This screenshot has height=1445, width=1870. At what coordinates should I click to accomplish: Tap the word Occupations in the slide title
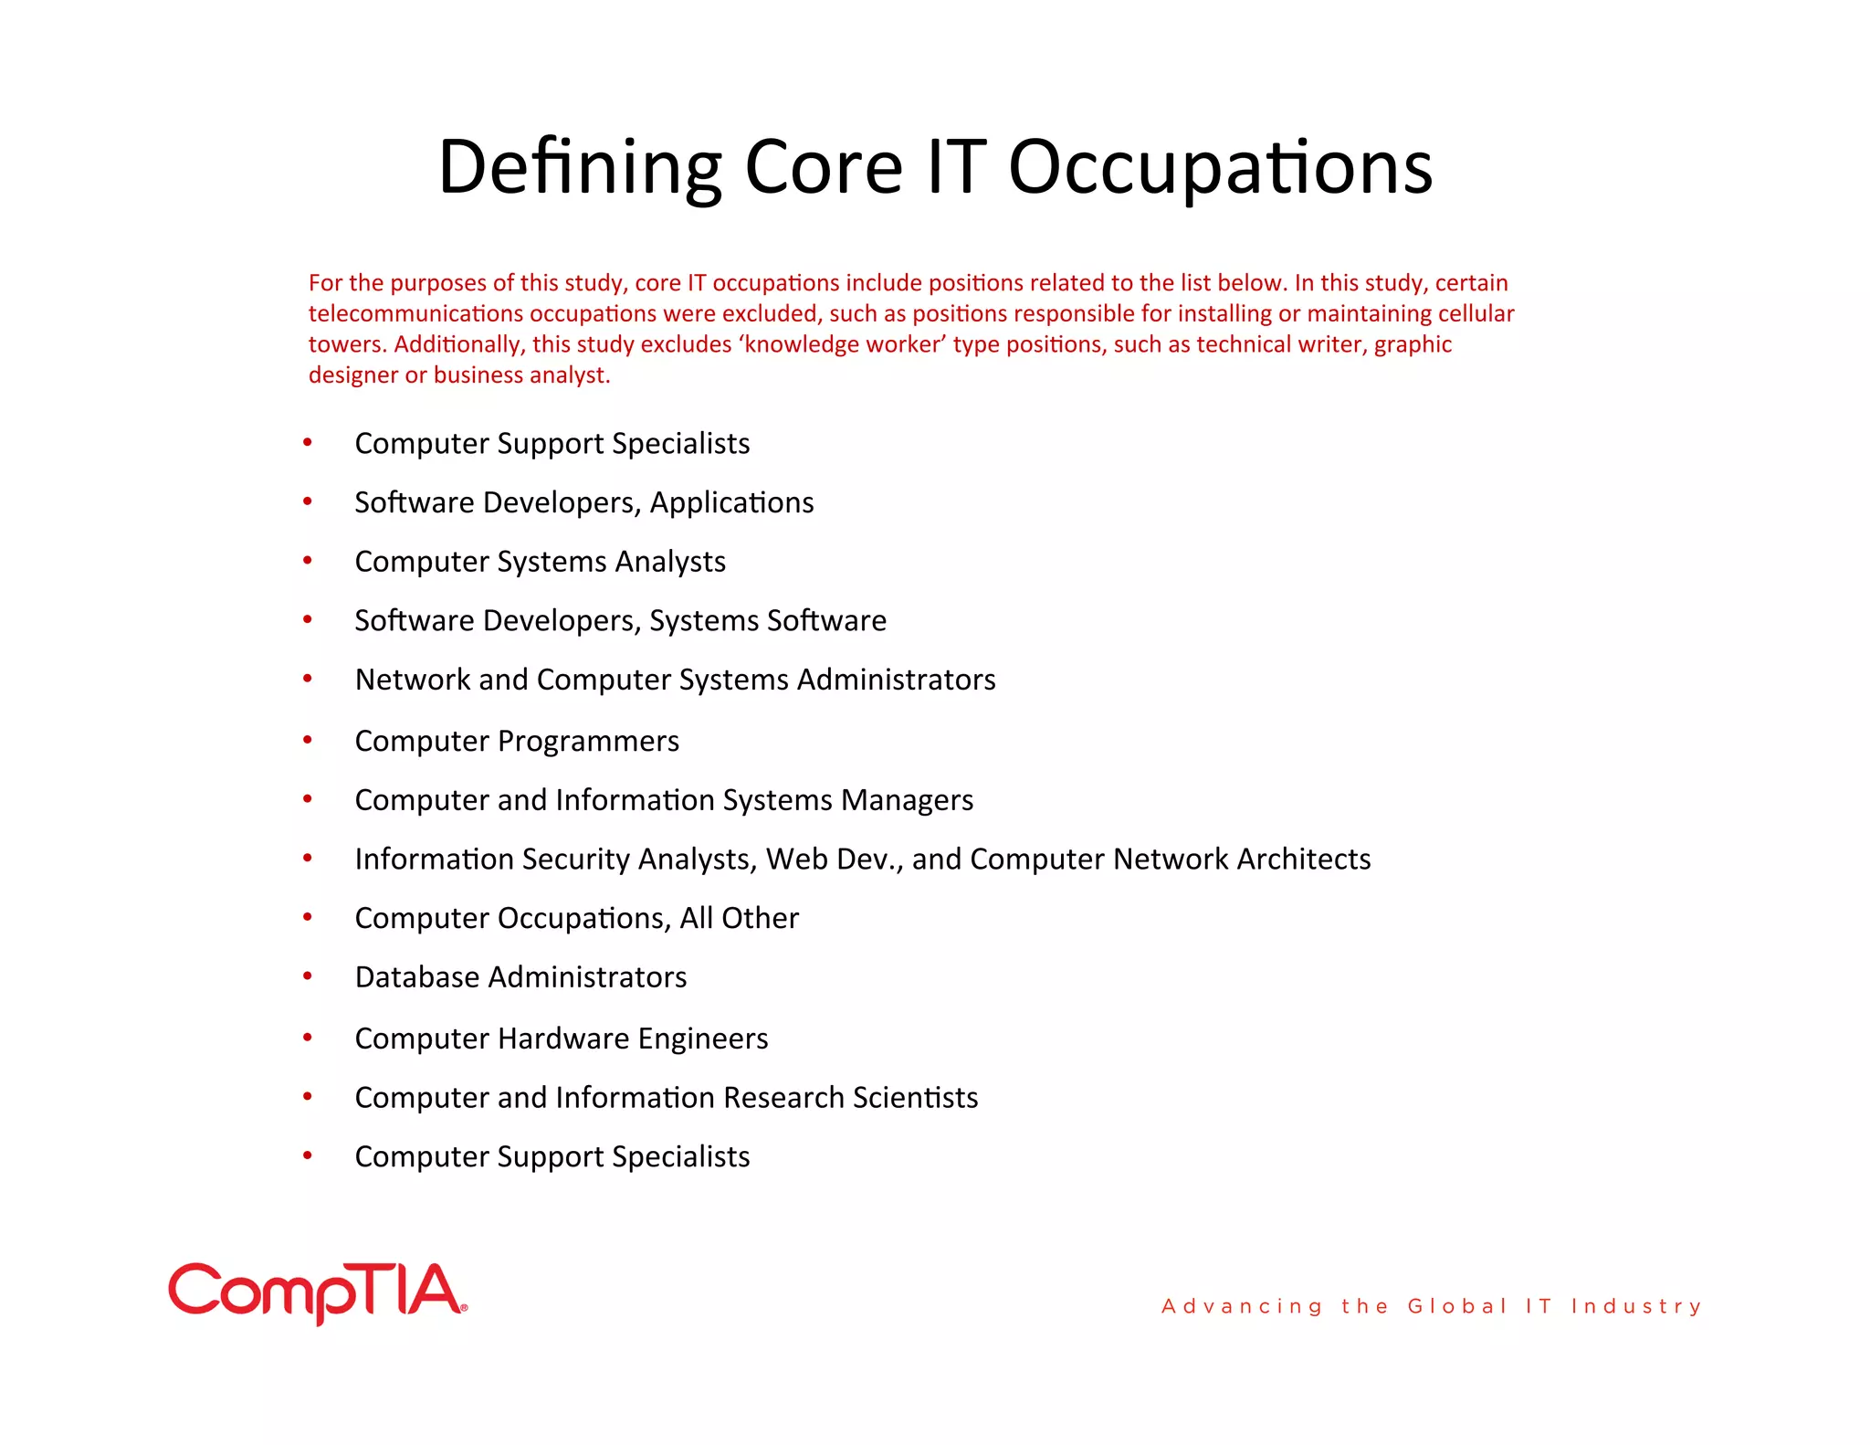click(1220, 167)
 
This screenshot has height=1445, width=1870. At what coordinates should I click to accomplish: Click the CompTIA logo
click(317, 1292)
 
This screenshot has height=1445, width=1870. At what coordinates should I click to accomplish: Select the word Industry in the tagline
click(1636, 1306)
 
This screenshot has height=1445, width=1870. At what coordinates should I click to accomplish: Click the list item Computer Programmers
click(517, 741)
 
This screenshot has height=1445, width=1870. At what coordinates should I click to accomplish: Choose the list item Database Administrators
click(520, 977)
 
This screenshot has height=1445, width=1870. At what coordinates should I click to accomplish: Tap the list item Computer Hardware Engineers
click(561, 1039)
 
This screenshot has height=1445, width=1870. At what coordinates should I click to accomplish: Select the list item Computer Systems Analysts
click(540, 562)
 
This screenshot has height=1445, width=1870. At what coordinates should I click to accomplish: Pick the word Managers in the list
click(907, 800)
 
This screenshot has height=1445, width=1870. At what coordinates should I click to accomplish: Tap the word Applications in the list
click(731, 502)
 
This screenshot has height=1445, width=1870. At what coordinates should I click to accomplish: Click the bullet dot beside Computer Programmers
click(308, 739)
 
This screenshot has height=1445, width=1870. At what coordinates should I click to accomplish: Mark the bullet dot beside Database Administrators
click(308, 976)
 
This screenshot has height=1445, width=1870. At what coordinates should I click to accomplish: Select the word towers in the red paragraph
click(345, 344)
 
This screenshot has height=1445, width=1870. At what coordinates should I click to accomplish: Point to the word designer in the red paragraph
click(353, 375)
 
